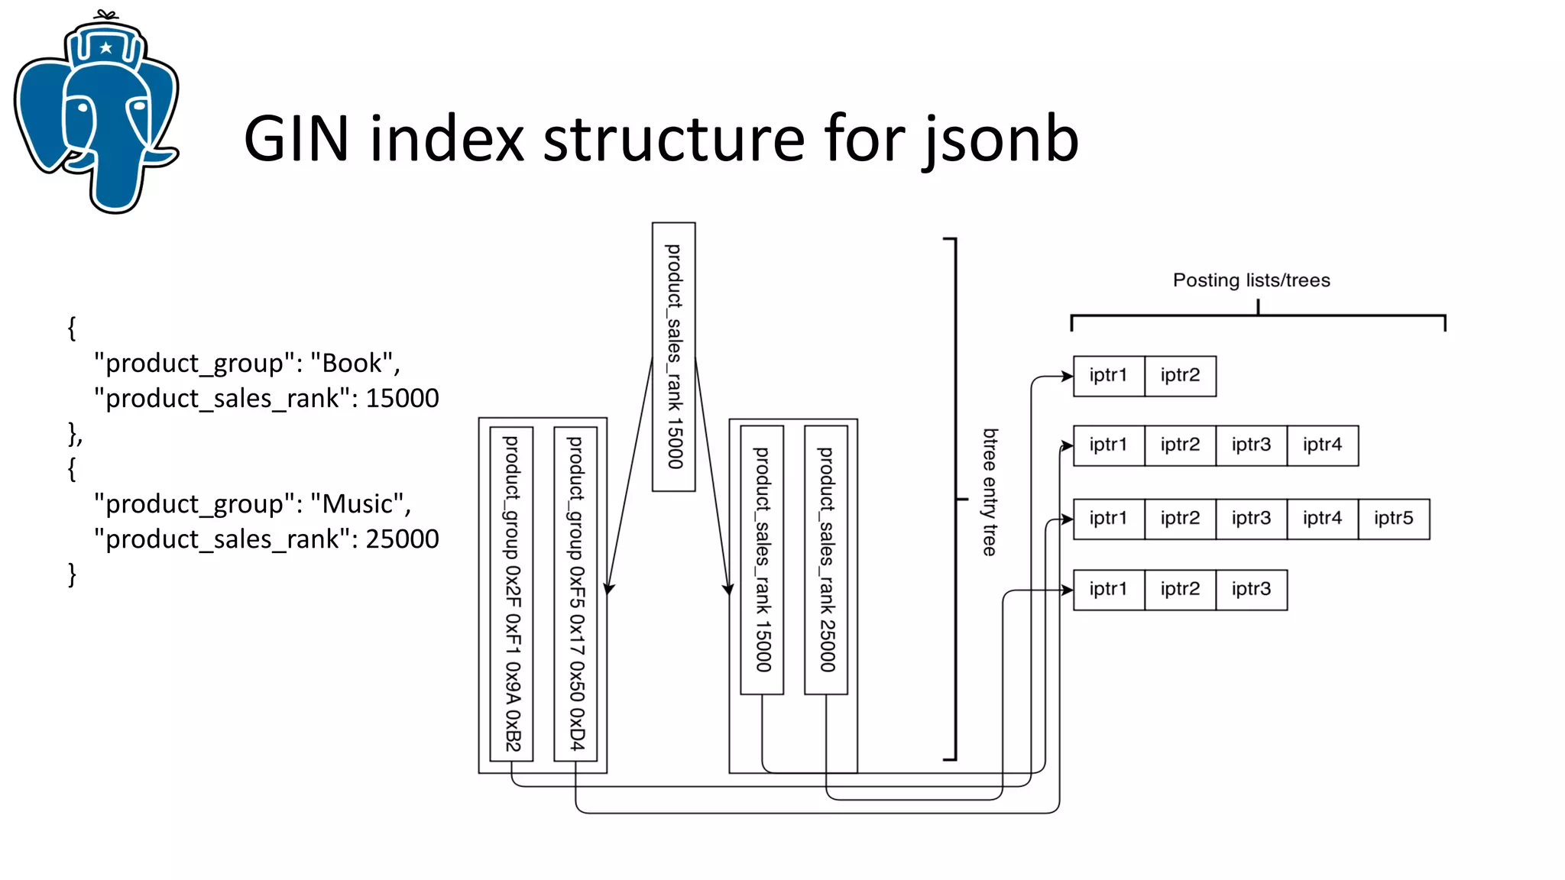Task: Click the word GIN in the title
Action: (x=296, y=139)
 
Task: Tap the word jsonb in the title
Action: (x=1001, y=141)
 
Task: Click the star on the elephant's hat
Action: (x=106, y=48)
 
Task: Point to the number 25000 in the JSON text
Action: (x=402, y=539)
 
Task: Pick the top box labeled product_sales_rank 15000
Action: (x=673, y=357)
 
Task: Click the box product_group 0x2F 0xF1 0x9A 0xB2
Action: (x=511, y=594)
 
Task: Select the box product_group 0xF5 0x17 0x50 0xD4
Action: (x=575, y=594)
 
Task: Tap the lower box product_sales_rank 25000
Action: (x=826, y=560)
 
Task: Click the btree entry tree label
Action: (x=990, y=492)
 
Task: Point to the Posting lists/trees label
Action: (x=1251, y=280)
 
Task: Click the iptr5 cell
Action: (x=1393, y=519)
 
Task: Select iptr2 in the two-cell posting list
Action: (x=1180, y=376)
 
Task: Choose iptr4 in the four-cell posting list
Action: (x=1322, y=445)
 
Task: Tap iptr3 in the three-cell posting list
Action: (x=1251, y=590)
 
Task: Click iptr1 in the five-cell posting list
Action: (x=1108, y=519)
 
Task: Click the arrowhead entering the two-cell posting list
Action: (x=1068, y=376)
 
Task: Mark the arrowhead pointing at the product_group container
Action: (x=609, y=588)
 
